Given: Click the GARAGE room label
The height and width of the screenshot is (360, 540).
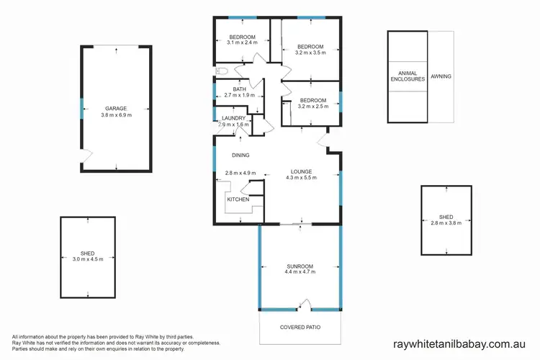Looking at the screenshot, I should [x=115, y=109].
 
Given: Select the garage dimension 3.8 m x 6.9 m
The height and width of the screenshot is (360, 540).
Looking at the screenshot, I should [x=115, y=115].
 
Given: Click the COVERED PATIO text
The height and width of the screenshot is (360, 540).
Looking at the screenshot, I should [x=300, y=328].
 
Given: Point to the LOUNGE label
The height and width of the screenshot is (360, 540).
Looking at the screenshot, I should [x=301, y=171].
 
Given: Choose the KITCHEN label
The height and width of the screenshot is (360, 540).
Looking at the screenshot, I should [x=238, y=199].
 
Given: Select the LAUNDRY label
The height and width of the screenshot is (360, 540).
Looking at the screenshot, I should [x=234, y=118].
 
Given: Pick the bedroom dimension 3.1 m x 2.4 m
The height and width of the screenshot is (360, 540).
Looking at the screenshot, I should [x=243, y=43].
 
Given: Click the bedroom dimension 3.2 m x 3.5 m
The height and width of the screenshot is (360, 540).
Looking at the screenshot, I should [x=311, y=53].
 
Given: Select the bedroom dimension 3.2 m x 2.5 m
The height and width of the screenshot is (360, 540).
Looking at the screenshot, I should [x=313, y=107].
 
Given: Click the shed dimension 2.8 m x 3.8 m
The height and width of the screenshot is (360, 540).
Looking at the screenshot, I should [x=446, y=222].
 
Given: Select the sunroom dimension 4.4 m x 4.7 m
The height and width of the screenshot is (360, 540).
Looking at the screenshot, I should [x=301, y=271].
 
